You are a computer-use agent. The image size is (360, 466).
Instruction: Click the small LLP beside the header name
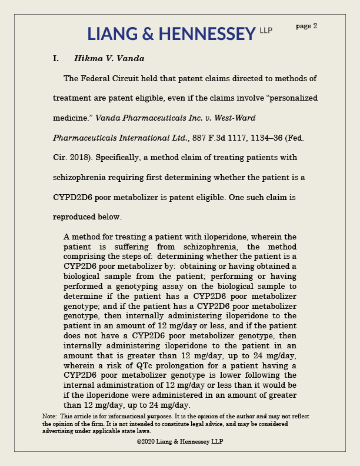[266, 30]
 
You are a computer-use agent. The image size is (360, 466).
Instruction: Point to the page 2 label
[306, 26]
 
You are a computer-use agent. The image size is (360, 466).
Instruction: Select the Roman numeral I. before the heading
[56, 59]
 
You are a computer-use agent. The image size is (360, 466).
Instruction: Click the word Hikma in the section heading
[86, 59]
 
